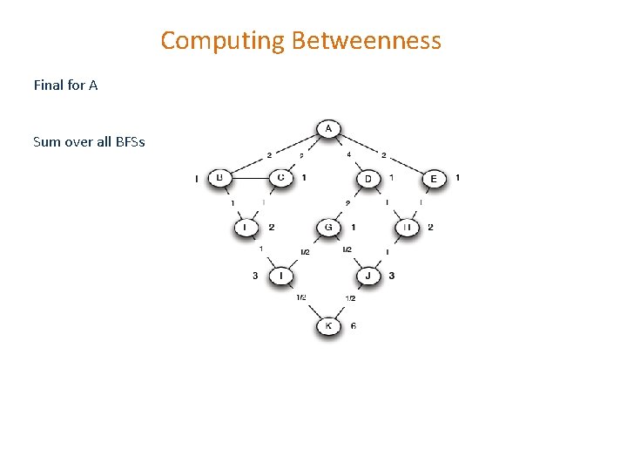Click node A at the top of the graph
point(328,129)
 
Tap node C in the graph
point(280,178)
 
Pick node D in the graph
point(368,179)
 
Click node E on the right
point(434,179)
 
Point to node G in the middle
point(328,228)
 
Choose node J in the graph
point(368,276)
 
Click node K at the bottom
point(328,326)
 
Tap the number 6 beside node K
point(353,326)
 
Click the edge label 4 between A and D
point(349,155)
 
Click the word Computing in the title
point(223,40)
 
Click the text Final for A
point(65,85)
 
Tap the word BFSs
point(128,141)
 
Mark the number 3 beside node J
point(392,276)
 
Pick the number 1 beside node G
point(352,228)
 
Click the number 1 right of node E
point(458,178)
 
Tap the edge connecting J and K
point(349,301)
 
